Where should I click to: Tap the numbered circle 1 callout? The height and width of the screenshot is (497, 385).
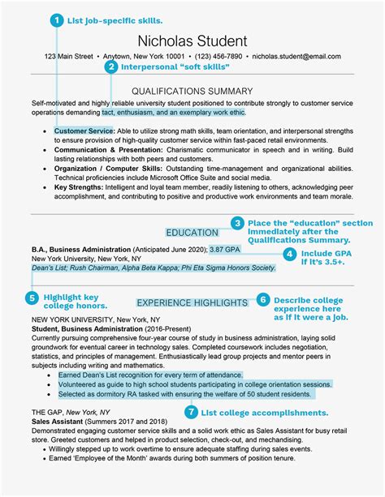point(56,19)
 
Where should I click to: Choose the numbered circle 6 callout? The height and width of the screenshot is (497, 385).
point(262,299)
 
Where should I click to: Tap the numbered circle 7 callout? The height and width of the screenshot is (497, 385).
point(190,412)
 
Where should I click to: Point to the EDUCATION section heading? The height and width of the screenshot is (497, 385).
point(192,233)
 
